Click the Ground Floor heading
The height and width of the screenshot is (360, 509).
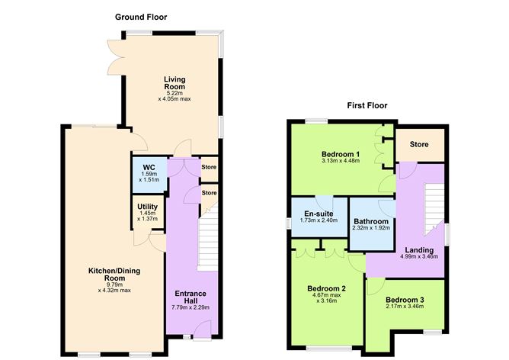(141, 17)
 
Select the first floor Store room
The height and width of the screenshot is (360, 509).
(418, 144)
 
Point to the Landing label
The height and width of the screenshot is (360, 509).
(419, 250)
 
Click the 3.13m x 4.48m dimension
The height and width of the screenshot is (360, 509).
(341, 161)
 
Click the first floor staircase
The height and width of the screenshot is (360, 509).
(432, 202)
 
